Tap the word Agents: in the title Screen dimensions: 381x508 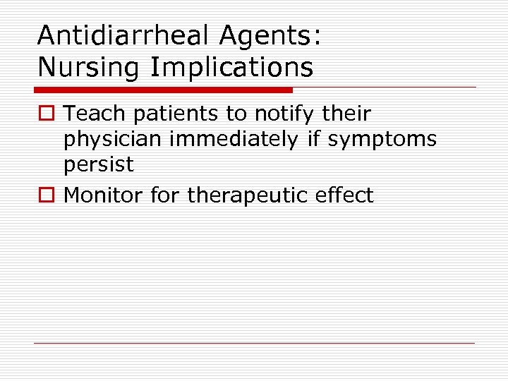pyautogui.click(x=278, y=37)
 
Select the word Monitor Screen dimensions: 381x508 pyautogui.click(x=104, y=195)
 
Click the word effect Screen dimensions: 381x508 pyautogui.click(x=344, y=195)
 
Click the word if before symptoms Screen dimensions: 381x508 pyautogui.click(x=313, y=140)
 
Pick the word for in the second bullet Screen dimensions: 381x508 pyautogui.click(x=166, y=195)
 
